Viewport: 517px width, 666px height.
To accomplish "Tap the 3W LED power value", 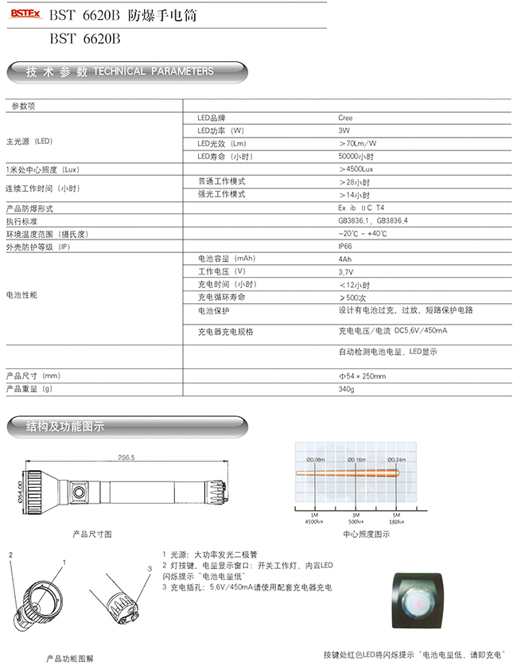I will (x=344, y=130).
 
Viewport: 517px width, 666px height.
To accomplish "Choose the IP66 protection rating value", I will (x=345, y=247).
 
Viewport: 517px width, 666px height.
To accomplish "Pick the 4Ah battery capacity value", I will (x=344, y=259).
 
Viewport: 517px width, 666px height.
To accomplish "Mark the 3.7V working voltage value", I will (x=346, y=272).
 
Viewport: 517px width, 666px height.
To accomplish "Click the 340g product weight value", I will (x=345, y=389).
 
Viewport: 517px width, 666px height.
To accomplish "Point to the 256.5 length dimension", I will (x=126, y=458).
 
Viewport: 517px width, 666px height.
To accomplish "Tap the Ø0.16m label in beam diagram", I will (x=356, y=460).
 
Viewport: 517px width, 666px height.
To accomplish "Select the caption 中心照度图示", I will (x=366, y=535).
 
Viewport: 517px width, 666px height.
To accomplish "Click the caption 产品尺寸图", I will (x=92, y=533).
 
